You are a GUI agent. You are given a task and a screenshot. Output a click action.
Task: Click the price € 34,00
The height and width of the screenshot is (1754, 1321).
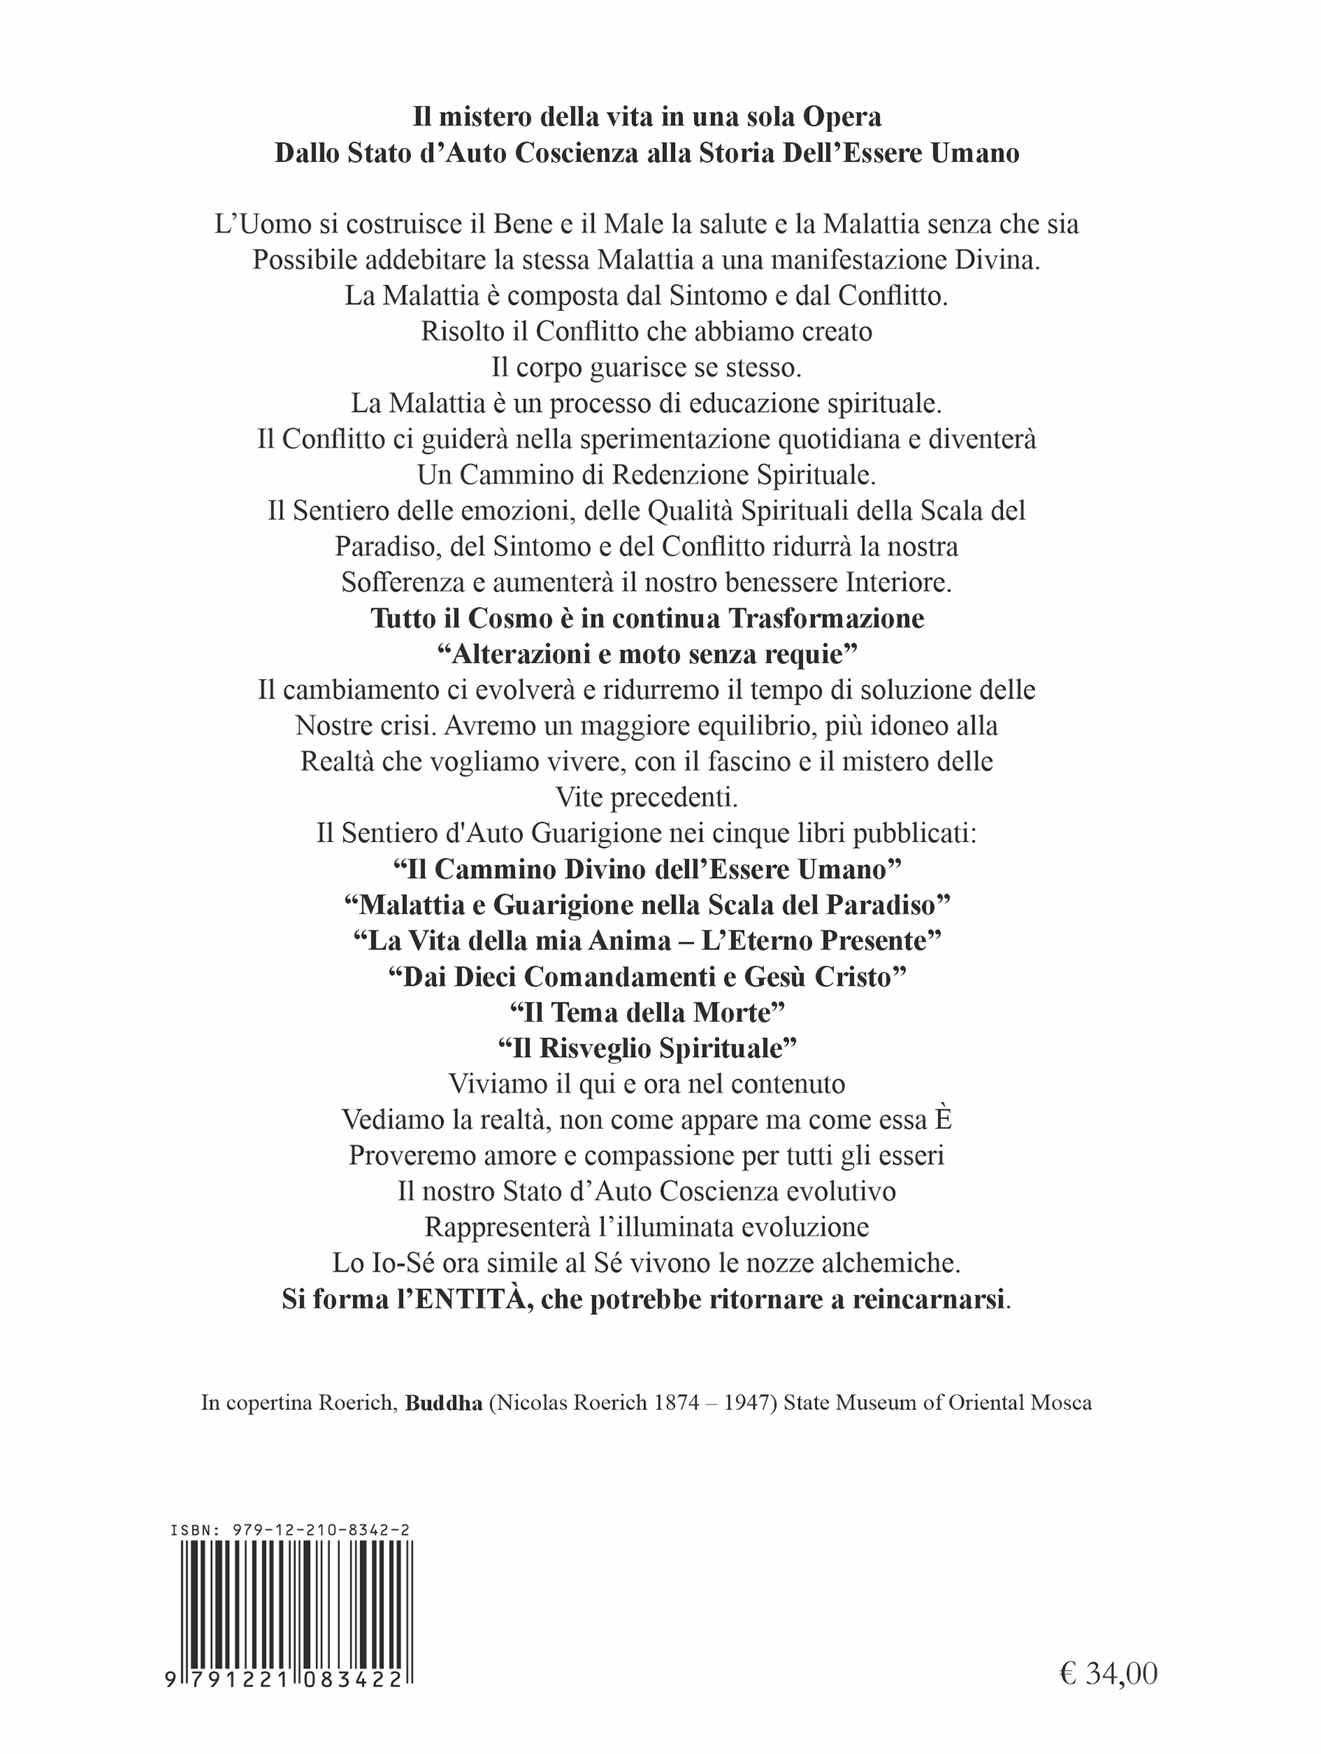pyautogui.click(x=1107, y=1672)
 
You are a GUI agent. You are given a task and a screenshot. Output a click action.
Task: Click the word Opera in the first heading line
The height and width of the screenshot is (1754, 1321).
pyautogui.click(x=842, y=117)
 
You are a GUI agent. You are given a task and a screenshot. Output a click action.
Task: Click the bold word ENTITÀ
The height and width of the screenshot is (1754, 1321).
pyautogui.click(x=474, y=1299)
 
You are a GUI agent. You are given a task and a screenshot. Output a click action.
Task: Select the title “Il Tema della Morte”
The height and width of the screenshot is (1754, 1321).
pyautogui.click(x=646, y=1013)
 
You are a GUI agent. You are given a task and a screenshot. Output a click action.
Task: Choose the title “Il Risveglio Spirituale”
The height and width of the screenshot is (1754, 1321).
pyautogui.click(x=646, y=1048)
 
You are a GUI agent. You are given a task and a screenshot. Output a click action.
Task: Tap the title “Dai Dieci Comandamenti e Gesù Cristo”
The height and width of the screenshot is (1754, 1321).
pyautogui.click(x=646, y=976)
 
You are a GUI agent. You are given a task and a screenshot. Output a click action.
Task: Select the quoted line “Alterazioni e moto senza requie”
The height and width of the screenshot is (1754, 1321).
pyautogui.click(x=646, y=654)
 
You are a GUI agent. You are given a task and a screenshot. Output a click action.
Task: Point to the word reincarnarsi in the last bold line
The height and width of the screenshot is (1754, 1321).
pyautogui.click(x=928, y=1299)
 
